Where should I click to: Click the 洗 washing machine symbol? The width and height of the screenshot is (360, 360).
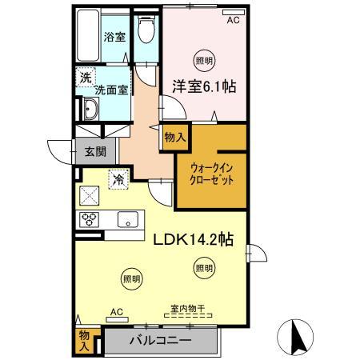coord(85,78)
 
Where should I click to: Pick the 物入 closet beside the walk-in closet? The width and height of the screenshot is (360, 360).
coord(174,138)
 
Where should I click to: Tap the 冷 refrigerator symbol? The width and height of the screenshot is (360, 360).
coord(118,179)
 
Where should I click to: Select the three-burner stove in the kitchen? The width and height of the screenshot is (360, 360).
coord(88,218)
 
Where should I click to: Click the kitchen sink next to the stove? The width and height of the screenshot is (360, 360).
coord(126,218)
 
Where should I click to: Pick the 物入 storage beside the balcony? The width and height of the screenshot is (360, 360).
coord(85,340)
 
